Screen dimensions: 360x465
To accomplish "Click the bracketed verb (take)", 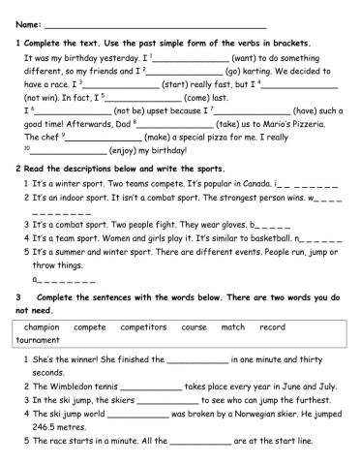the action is pyautogui.click(x=233, y=125).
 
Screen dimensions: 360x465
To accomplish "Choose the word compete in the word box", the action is pyautogui.click(x=90, y=327).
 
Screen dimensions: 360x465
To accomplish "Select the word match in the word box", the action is pyautogui.click(x=233, y=327).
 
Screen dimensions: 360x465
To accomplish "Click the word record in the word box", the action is pyautogui.click(x=272, y=327).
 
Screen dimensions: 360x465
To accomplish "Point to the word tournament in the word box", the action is pyautogui.click(x=38, y=341).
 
